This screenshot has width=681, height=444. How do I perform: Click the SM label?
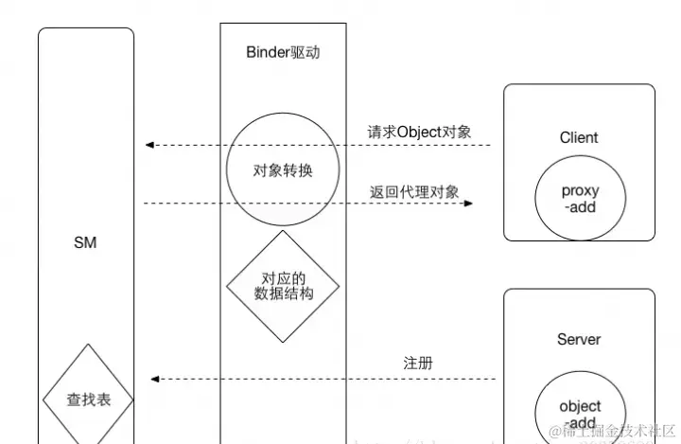(85, 243)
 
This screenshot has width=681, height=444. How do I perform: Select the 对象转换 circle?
(283, 171)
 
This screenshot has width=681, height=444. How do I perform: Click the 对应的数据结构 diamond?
(283, 285)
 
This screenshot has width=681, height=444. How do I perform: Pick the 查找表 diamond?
(88, 400)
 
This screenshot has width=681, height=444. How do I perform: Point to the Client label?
(579, 137)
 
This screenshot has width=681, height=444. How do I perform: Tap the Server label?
(579, 339)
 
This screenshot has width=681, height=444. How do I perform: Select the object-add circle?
(579, 413)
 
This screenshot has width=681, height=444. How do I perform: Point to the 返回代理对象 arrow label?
(414, 191)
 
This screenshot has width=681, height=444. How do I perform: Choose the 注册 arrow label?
(418, 363)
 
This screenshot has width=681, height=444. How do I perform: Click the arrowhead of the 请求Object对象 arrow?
(149, 145)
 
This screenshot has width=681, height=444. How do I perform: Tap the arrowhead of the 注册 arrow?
(154, 379)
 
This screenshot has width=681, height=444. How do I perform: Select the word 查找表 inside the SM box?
(88, 400)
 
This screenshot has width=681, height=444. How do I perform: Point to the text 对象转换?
(283, 171)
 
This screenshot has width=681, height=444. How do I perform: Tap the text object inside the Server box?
(579, 406)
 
